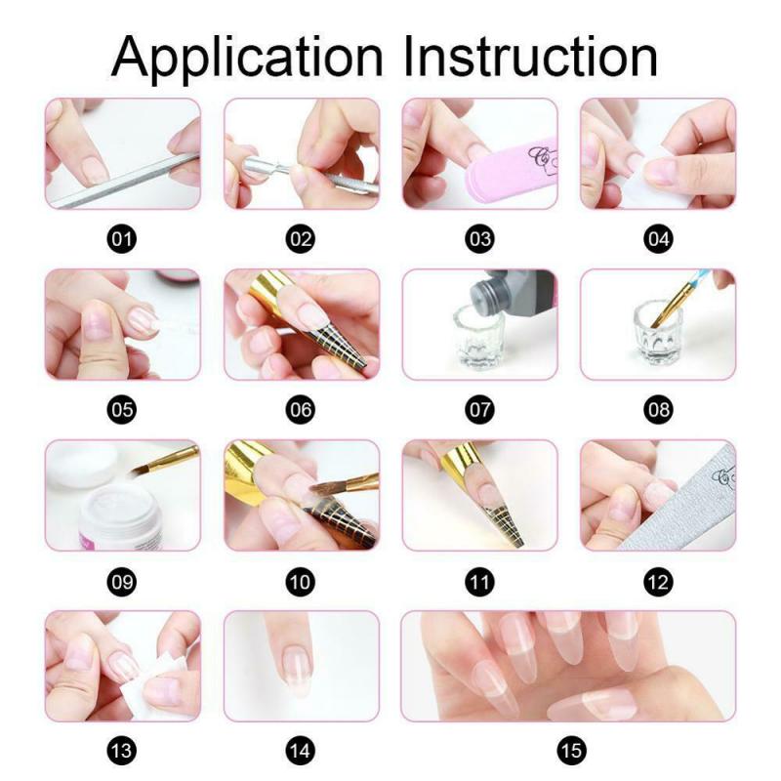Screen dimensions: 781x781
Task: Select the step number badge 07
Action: click(478, 409)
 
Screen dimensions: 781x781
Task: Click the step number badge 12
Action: click(658, 581)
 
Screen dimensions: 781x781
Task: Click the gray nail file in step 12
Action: click(683, 498)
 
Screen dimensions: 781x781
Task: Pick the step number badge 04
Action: click(658, 238)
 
